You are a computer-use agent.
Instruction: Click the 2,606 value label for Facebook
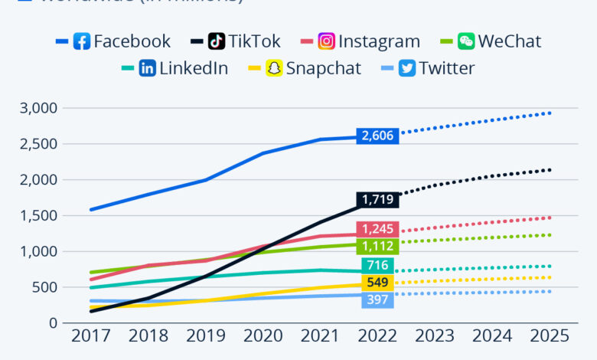tap(377, 136)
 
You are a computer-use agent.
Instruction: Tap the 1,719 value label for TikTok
tap(377, 200)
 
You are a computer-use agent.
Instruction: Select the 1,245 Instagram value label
tap(377, 228)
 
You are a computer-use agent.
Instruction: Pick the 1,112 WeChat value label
tap(377, 246)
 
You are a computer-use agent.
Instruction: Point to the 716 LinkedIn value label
tap(377, 266)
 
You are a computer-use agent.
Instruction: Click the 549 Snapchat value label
tap(377, 283)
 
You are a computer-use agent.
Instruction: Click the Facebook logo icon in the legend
tap(82, 41)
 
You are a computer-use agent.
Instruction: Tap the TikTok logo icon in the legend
tap(217, 41)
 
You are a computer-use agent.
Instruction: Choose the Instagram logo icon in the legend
tap(327, 41)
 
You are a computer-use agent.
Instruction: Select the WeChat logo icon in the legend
tap(466, 41)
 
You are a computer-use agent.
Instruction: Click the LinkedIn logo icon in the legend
tap(148, 68)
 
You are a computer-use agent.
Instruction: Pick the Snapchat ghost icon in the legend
tap(274, 68)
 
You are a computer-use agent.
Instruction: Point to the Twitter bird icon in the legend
tap(407, 68)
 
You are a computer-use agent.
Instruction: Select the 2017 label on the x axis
tap(90, 336)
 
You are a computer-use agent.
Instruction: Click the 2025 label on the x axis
tap(549, 336)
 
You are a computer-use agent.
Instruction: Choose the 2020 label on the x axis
tap(263, 336)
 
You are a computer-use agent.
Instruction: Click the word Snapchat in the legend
tap(324, 68)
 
